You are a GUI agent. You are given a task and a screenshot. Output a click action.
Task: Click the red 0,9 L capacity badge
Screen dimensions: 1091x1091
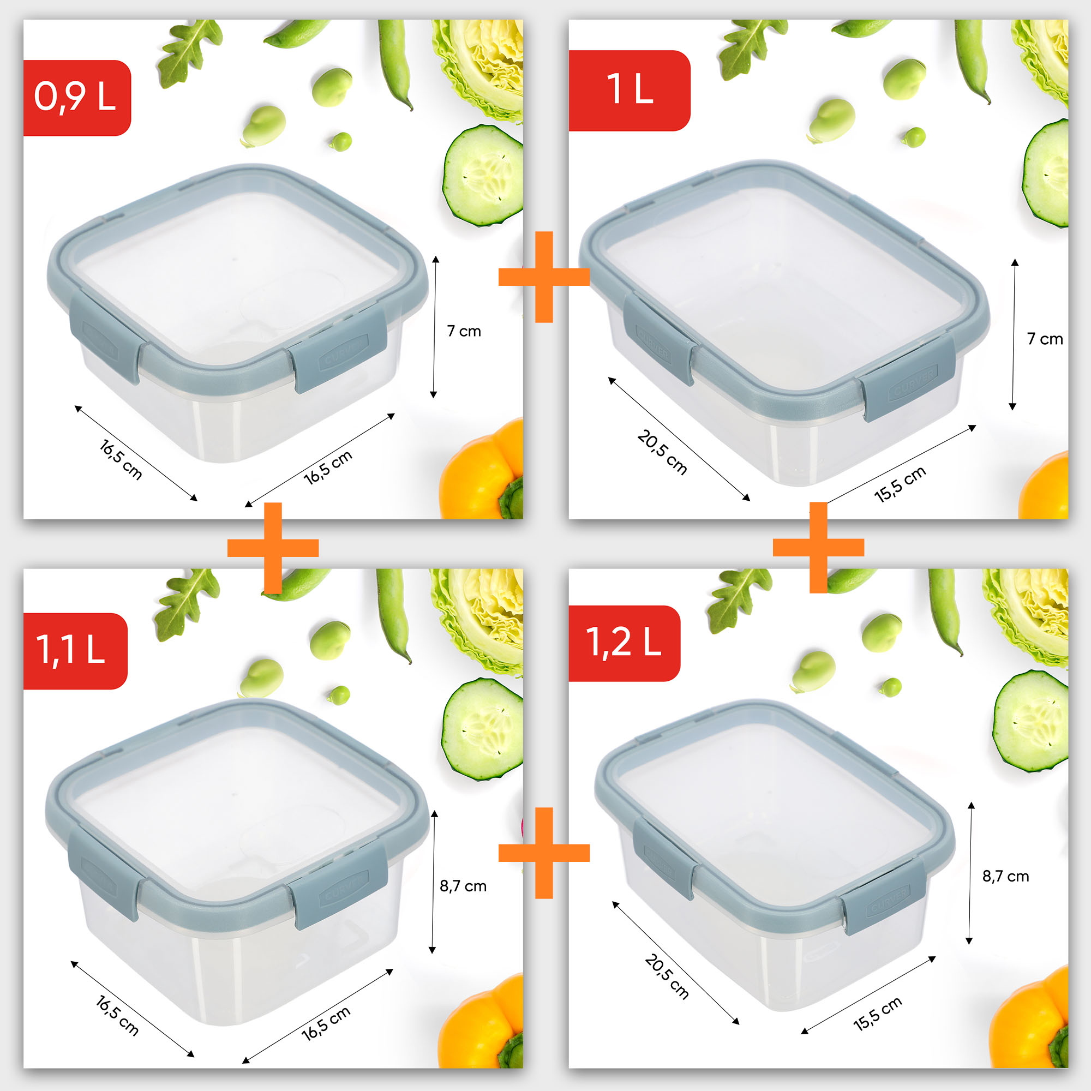(76, 98)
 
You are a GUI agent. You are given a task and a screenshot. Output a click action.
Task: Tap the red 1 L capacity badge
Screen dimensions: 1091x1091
(629, 91)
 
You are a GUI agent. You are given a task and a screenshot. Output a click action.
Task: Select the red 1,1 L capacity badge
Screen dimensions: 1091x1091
(75, 651)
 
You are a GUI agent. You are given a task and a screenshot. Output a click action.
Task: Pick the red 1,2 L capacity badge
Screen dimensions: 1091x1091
(624, 643)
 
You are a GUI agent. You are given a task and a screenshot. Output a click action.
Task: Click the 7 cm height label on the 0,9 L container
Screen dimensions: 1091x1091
(464, 331)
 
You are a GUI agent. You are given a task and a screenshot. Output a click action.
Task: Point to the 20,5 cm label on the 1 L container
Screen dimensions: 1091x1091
(662, 452)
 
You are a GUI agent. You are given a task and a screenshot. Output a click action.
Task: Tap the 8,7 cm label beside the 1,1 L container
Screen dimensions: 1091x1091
(463, 886)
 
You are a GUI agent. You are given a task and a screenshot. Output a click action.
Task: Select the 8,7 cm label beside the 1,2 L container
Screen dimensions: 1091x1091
(1006, 877)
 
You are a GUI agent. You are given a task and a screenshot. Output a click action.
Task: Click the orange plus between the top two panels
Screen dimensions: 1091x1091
(544, 277)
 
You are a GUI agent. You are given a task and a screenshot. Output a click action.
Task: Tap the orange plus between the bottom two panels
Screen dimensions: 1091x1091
(544, 853)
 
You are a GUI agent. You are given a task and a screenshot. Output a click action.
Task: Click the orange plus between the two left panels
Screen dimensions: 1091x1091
(273, 548)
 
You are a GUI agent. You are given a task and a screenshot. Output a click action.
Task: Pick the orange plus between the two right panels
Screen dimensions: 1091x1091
(818, 547)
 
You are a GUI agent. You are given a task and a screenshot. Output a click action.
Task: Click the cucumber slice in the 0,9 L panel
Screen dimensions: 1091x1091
(483, 175)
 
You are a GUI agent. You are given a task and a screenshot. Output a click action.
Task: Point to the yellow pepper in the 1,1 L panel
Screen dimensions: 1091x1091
(483, 1022)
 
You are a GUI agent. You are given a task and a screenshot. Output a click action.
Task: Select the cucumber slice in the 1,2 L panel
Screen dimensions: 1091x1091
(1030, 721)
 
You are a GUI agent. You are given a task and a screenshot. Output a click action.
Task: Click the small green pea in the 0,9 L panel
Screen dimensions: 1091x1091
(341, 141)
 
